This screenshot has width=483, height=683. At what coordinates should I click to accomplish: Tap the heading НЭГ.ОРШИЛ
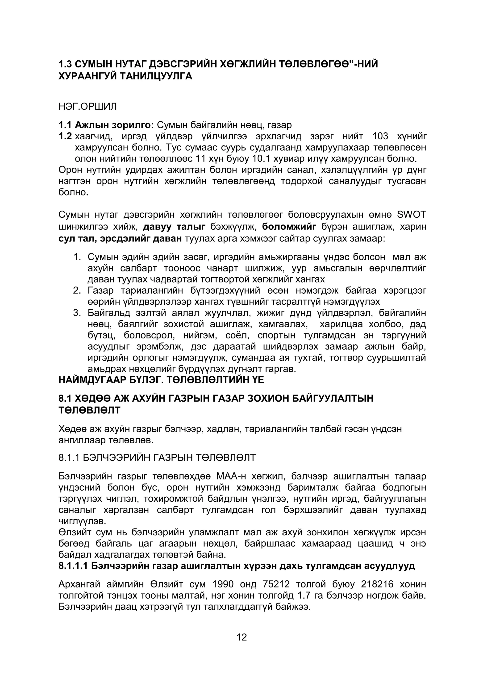pos(88,106)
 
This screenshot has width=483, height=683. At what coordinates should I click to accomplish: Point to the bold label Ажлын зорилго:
pos(114,125)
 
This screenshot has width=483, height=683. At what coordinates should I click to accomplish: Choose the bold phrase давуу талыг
pos(174,227)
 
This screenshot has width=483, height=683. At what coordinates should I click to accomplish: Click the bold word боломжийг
pos(289,227)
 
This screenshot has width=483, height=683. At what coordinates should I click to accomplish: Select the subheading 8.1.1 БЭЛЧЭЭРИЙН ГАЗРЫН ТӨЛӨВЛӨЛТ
pos(157,457)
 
